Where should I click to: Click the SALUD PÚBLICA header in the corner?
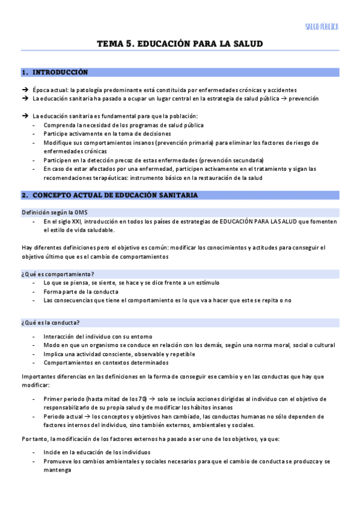point(322,26)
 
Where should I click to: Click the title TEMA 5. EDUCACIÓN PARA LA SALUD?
point(180,44)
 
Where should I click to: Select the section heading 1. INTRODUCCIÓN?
point(55,72)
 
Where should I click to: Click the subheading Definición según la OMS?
point(48,212)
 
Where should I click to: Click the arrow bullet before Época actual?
point(25,90)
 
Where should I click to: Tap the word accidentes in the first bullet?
point(281,90)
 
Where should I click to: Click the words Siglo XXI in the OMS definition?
point(62,221)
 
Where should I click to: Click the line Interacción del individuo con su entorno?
point(98,336)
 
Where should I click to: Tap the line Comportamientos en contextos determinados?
point(100,363)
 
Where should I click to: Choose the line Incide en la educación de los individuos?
point(97,452)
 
